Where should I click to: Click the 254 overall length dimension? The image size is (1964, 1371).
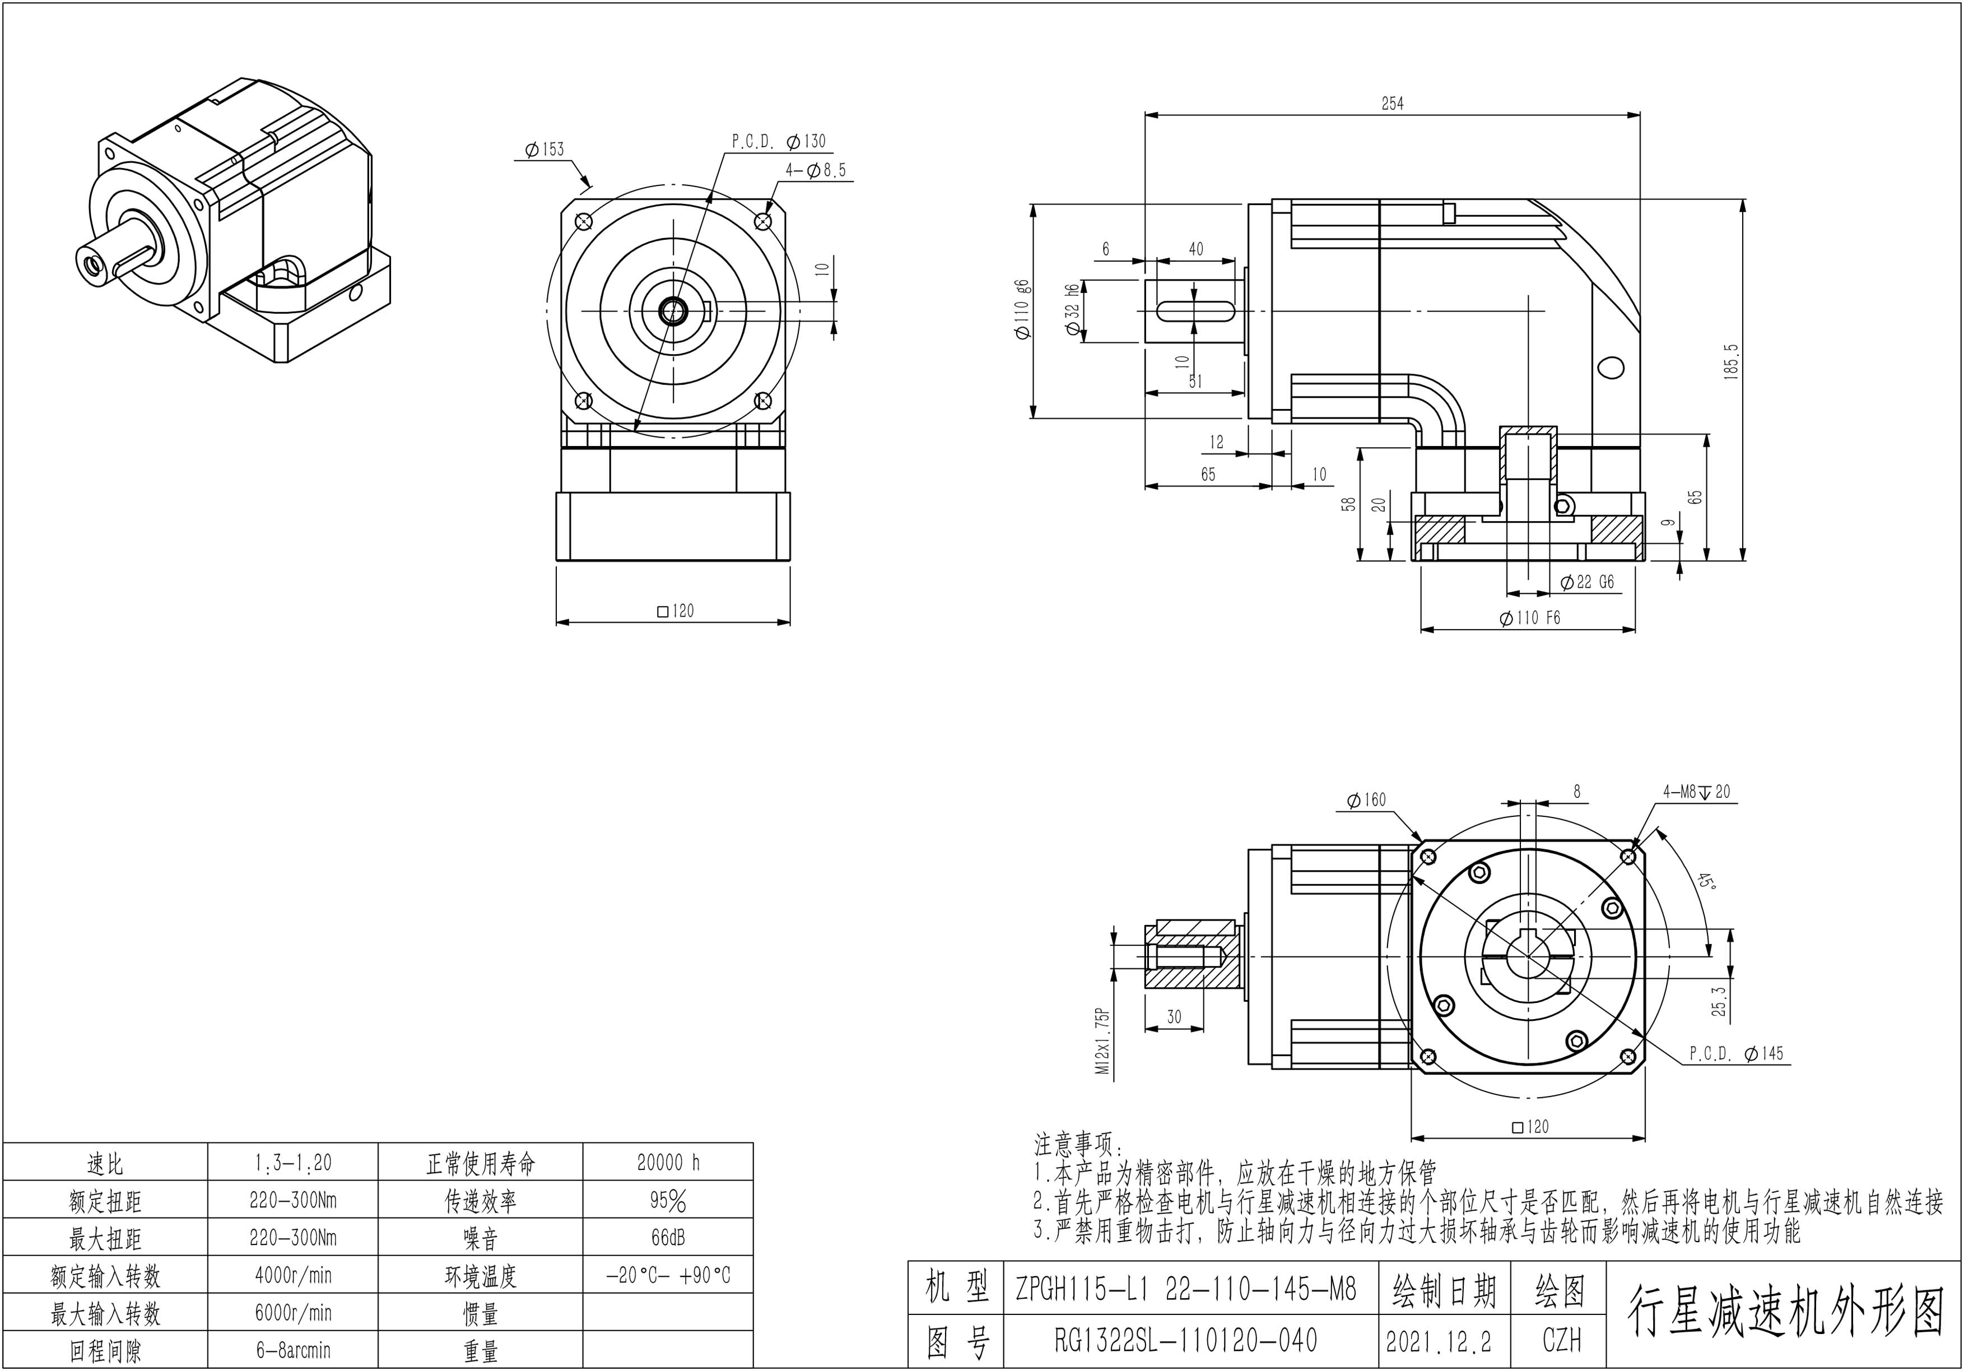coord(1391,104)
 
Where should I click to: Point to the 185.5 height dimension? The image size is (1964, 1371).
coord(1732,362)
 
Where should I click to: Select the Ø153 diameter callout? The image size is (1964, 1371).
coord(545,150)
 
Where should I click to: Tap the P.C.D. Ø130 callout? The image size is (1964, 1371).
coord(779,141)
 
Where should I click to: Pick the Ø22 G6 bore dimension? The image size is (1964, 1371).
coord(1587,583)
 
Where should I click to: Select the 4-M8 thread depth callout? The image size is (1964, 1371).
coord(1696,792)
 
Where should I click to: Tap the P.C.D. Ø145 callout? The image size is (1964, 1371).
coord(1737,1053)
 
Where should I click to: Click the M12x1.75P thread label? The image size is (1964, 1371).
coord(1104,1040)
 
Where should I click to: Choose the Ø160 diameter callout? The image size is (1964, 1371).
coord(1366,800)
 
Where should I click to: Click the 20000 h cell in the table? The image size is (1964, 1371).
coord(668,1162)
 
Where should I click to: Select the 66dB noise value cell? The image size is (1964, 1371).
coord(668,1238)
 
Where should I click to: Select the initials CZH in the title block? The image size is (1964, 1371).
coord(1561,1340)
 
